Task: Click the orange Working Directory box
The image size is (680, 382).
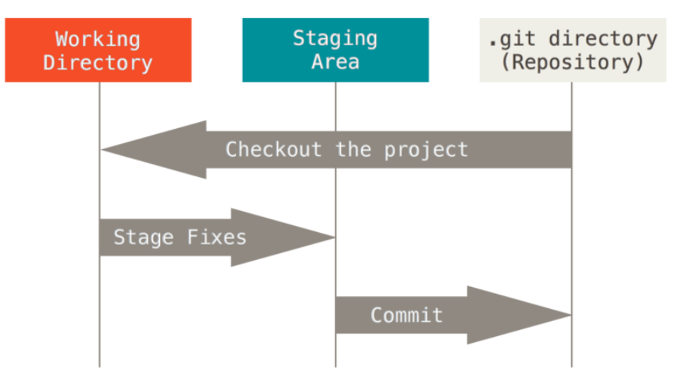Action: click(98, 50)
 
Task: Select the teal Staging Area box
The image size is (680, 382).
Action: click(335, 50)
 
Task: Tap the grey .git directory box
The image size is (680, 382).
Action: click(572, 50)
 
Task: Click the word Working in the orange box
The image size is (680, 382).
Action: click(97, 40)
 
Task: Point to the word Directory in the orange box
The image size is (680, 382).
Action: click(97, 63)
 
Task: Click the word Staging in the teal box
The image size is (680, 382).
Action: click(335, 39)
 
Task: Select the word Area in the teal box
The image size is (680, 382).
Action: click(335, 62)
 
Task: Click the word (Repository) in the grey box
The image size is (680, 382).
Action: click(572, 62)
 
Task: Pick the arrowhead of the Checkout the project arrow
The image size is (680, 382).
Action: click(154, 150)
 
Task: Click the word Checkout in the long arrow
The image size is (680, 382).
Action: click(273, 150)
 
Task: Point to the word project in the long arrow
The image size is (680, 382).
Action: click(426, 151)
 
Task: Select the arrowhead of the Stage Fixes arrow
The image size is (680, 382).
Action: click(283, 237)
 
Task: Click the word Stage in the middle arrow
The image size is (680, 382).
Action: click(143, 237)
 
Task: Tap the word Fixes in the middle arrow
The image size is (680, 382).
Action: click(216, 237)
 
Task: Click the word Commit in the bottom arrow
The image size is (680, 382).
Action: click(406, 315)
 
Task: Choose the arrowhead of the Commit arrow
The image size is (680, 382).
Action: click(519, 315)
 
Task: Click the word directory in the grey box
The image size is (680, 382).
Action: click(603, 39)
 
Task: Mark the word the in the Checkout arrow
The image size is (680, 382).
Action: click(354, 150)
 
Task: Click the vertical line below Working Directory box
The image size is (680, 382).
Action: click(100, 225)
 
